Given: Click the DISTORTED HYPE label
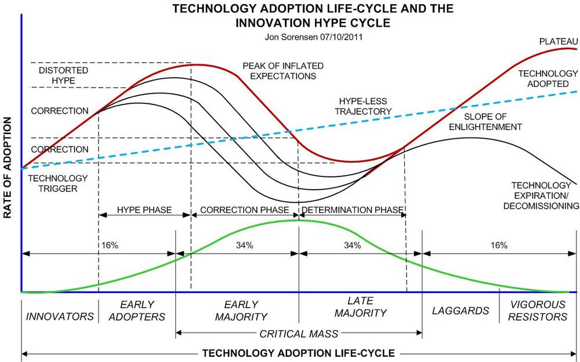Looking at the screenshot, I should (57, 75).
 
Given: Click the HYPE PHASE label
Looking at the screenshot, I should (144, 210).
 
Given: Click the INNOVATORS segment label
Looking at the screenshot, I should (60, 317).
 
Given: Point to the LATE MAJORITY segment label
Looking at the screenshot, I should (359, 307).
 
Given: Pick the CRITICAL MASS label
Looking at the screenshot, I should (299, 334).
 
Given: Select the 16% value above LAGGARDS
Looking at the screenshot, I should (499, 245).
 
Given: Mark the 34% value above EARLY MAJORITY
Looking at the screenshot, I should (244, 245).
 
